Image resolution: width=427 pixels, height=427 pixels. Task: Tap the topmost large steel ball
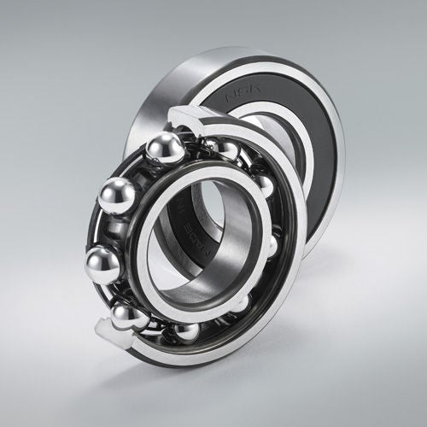(x=165, y=149)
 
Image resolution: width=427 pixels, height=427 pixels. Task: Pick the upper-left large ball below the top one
(x=117, y=196)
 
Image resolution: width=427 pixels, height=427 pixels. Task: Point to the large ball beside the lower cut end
(x=130, y=317)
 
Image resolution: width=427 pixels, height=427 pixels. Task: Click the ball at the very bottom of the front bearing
(x=185, y=330)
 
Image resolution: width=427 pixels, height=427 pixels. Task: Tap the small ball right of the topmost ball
(x=224, y=152)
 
